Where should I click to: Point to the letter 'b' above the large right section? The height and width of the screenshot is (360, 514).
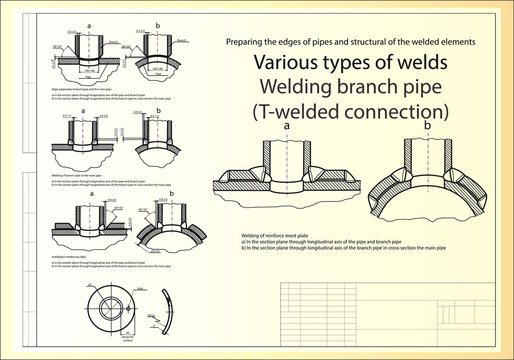(428, 127)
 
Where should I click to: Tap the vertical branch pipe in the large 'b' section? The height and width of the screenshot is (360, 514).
(428, 155)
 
